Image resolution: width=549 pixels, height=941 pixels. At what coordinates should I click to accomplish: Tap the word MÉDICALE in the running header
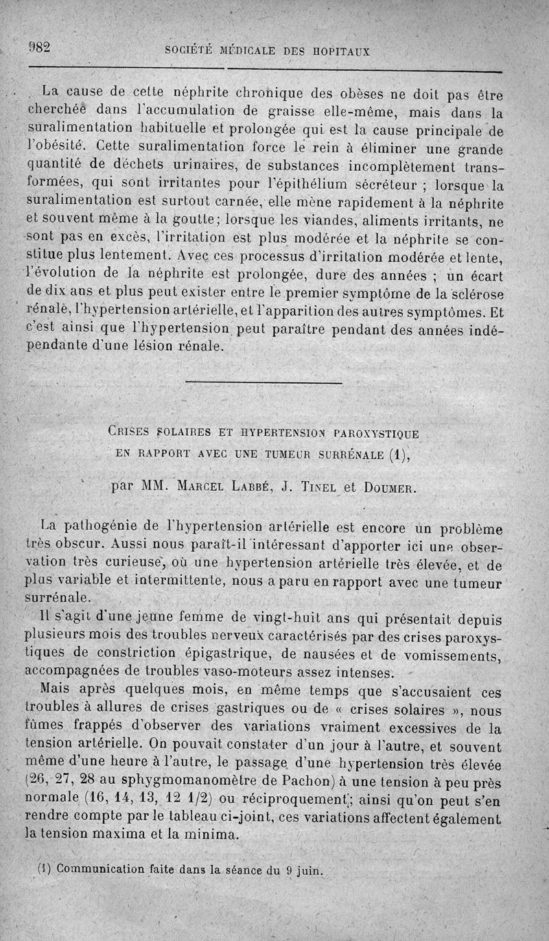click(x=242, y=51)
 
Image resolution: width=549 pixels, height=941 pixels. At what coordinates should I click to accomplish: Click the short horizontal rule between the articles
click(x=264, y=383)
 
